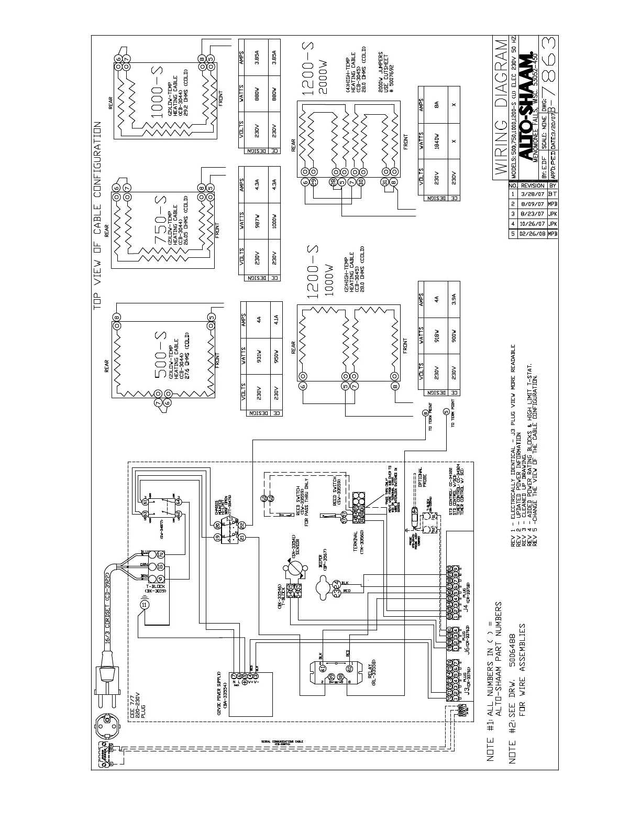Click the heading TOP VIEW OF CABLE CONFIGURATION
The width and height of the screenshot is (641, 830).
(x=97, y=216)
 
